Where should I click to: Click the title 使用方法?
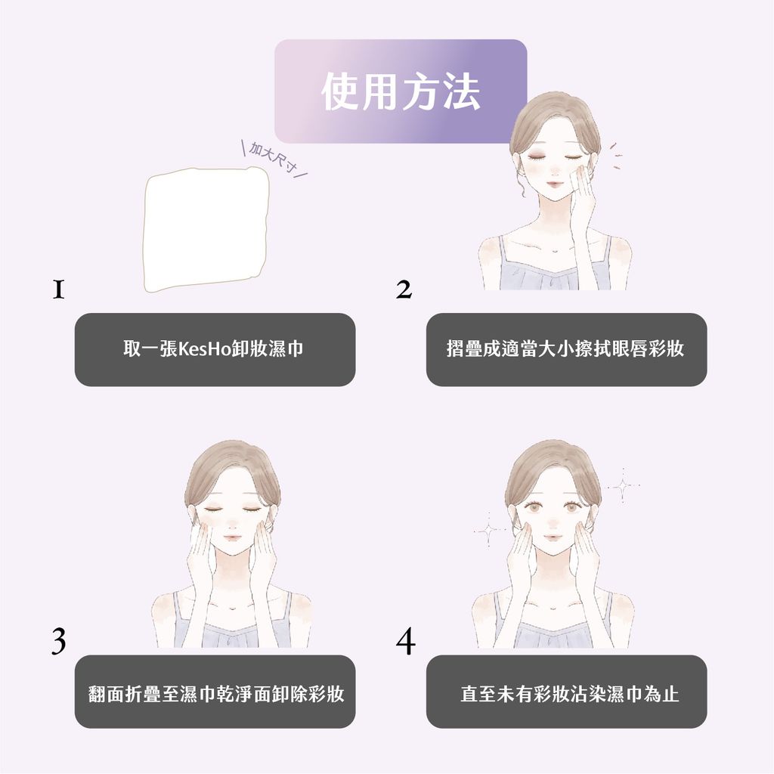pyautogui.click(x=400, y=92)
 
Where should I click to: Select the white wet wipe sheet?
pyautogui.click(x=206, y=231)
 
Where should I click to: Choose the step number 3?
pyautogui.click(x=58, y=641)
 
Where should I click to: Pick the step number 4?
pyautogui.click(x=405, y=641)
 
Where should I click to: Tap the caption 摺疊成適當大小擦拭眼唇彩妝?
pyautogui.click(x=565, y=349)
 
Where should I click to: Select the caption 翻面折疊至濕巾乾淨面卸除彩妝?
pyautogui.click(x=215, y=692)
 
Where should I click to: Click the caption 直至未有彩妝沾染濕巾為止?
pyautogui.click(x=566, y=692)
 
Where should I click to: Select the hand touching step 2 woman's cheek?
pyautogui.click(x=582, y=198)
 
